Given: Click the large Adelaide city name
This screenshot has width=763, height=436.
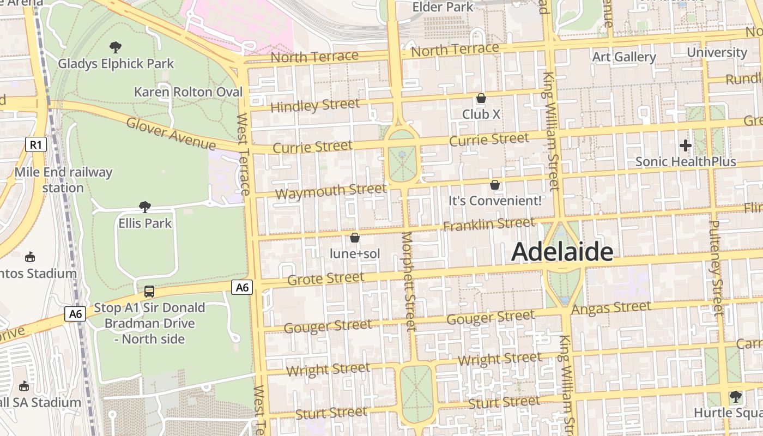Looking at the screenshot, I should (562, 252).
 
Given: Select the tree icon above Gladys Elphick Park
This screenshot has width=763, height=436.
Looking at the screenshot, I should (115, 47).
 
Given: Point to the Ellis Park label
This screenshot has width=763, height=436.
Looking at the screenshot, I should (145, 223).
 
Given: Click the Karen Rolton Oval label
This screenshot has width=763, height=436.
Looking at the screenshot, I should (188, 92).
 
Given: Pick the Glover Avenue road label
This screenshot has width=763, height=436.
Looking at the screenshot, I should (171, 133).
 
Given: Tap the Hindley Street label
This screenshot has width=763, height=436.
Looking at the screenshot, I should (315, 105).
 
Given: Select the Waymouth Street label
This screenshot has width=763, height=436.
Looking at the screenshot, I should (330, 191).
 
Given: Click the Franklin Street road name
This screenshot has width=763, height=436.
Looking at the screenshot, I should (489, 224).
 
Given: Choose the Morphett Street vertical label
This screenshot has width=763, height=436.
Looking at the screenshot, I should (408, 281).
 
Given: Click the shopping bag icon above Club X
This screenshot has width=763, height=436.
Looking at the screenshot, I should (481, 98).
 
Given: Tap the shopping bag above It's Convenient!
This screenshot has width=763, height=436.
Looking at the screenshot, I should (495, 185).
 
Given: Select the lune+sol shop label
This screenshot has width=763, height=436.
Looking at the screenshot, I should (355, 253).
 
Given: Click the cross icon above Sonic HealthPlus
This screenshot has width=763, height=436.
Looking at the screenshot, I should (686, 146).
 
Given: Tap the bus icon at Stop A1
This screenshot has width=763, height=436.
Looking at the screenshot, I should (149, 292).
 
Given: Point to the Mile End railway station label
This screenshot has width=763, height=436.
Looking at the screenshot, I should (63, 180).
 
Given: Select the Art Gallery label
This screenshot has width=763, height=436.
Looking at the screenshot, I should (624, 57).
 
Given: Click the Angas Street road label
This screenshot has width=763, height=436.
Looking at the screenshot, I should (611, 308).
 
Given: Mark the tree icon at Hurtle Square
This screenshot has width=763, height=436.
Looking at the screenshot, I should (735, 396).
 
